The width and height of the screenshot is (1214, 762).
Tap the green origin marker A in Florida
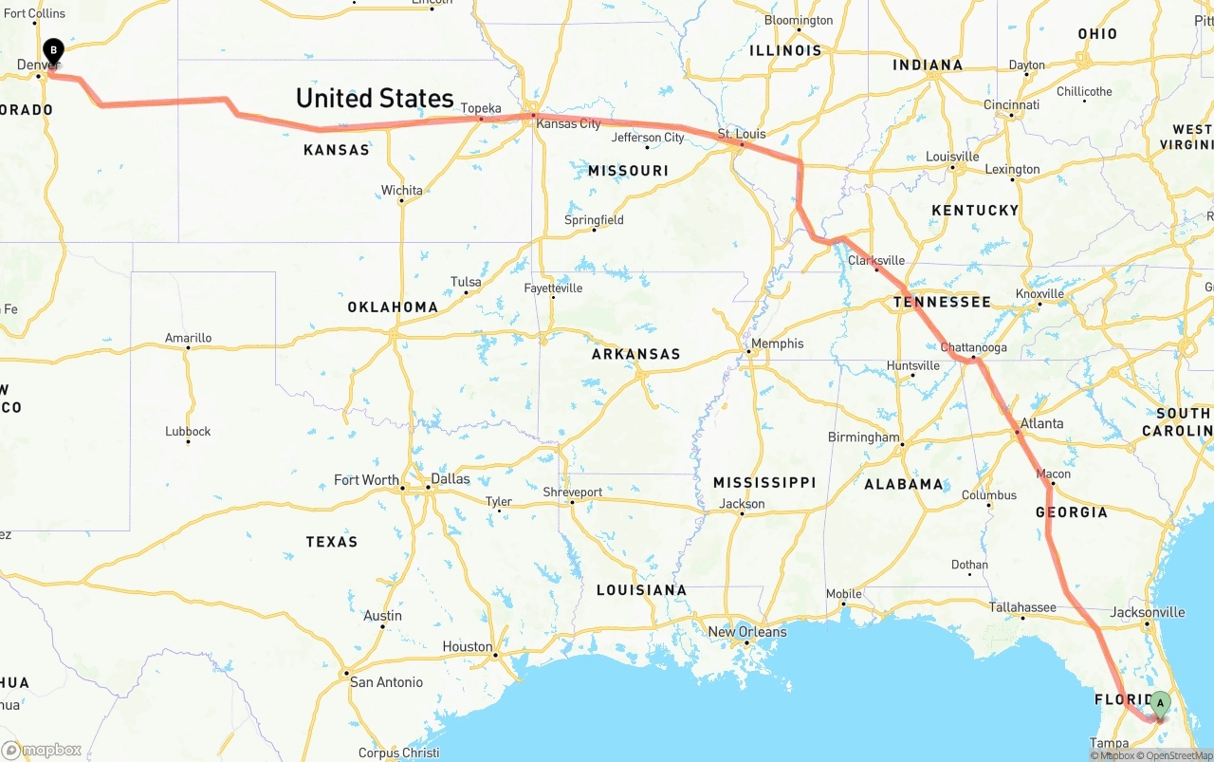point(1159,704)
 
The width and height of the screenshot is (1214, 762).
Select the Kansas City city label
point(568,123)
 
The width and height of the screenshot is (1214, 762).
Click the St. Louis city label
point(741,134)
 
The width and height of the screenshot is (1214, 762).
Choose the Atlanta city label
point(1041,423)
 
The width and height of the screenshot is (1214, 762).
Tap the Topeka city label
point(481,108)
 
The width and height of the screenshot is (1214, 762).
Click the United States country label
point(375,98)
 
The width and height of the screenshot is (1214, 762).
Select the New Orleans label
point(747,632)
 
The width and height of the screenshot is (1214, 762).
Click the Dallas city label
point(451,478)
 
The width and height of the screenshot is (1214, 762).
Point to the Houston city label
point(467,646)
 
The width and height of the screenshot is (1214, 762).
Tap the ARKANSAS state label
point(635,354)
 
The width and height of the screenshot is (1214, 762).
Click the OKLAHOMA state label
point(393,307)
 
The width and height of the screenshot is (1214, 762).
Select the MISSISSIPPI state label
point(764,482)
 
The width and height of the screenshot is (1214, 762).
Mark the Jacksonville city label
point(1148,612)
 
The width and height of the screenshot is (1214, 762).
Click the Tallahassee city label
point(1022,607)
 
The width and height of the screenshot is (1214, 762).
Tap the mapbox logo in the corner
point(42,750)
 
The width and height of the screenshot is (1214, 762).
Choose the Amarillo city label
point(188,338)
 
